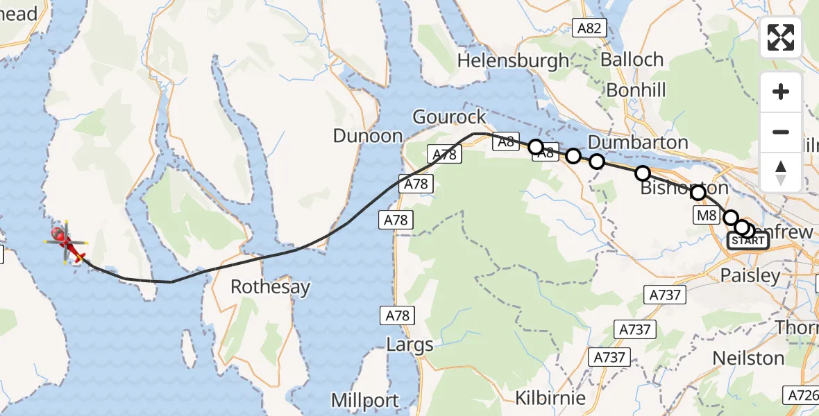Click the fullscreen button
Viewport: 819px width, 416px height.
781,37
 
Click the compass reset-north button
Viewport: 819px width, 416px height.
781,173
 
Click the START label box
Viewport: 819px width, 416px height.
748,241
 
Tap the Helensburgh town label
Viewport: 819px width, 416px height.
513,61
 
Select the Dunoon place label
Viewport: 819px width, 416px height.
368,135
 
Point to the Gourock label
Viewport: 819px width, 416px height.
449,116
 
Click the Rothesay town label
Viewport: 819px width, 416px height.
270,286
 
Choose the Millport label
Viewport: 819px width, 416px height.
365,400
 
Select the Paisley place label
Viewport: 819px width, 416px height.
750,275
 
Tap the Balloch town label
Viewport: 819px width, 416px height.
632,60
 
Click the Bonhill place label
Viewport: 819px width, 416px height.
636,89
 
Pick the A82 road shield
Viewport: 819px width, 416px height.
591,28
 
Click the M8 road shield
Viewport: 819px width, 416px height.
706,216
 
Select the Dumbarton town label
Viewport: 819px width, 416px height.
638,143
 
